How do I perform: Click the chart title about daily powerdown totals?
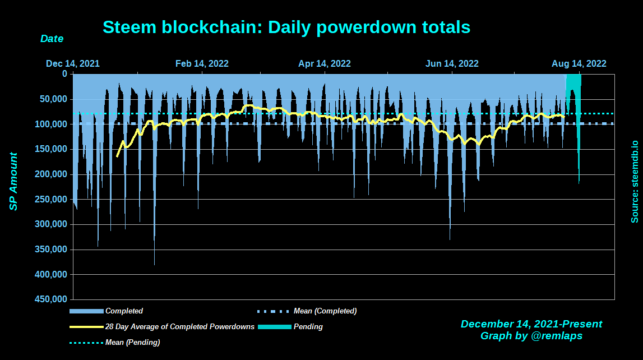tap(286, 27)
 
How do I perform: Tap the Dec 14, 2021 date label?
tap(73, 63)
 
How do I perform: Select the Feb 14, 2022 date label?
tap(202, 63)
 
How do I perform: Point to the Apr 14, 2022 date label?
tap(325, 63)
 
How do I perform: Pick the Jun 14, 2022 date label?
tap(452, 63)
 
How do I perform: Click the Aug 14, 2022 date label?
tap(579, 63)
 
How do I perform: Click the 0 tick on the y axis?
tap(64, 73)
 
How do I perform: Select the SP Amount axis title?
tap(13, 182)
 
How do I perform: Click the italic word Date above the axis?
tap(52, 39)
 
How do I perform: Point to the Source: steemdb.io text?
tap(635, 182)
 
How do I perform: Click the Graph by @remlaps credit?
tap(531, 336)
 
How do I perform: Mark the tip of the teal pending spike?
tap(579, 183)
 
